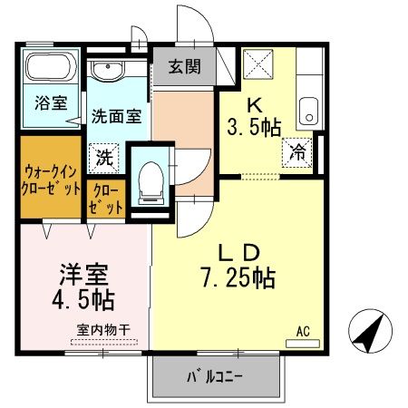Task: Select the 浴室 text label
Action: pyautogui.click(x=51, y=102)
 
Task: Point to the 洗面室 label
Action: pyautogui.click(x=115, y=115)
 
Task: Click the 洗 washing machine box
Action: pyautogui.click(x=105, y=156)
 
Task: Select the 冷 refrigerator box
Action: pyautogui.click(x=298, y=151)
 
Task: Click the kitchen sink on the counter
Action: pyautogui.click(x=309, y=111)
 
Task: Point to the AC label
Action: pyautogui.click(x=303, y=333)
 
